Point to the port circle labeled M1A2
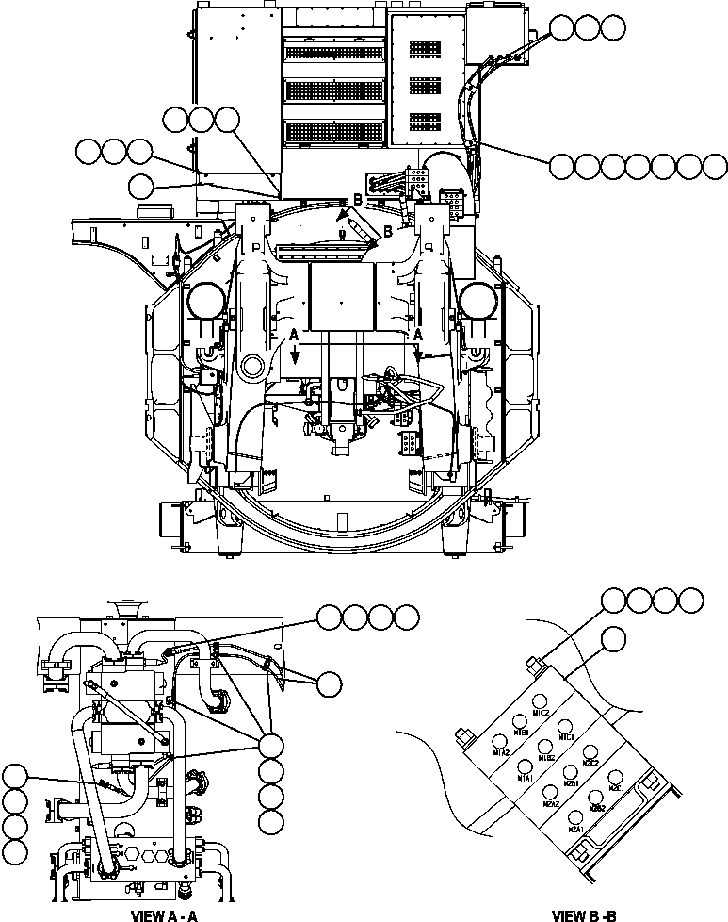point(500,741)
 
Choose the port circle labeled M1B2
point(546,746)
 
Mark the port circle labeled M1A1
point(526,766)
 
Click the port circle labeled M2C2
point(591,751)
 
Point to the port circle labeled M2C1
point(617,777)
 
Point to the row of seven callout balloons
point(639,167)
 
